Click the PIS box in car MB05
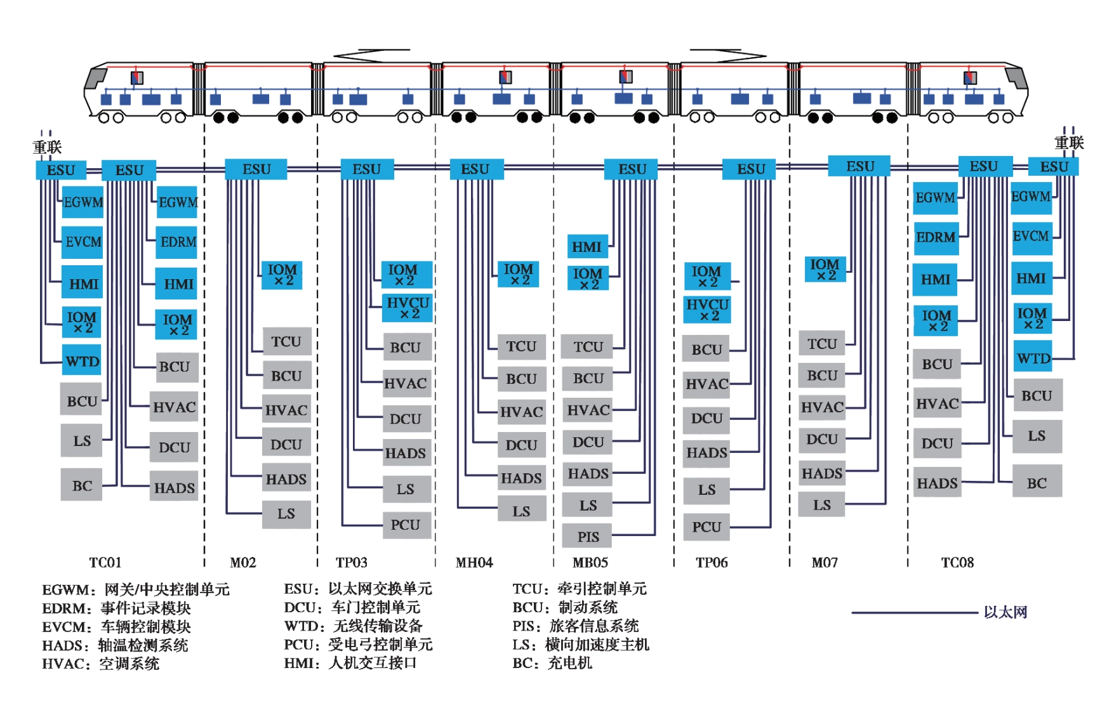(587, 537)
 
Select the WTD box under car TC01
(82, 362)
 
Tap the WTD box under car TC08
(1032, 358)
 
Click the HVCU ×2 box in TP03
(407, 308)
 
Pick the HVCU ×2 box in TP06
(706, 310)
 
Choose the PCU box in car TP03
(406, 525)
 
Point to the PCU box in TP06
(706, 527)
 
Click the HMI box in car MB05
(587, 246)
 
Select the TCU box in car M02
(286, 341)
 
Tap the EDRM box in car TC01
(177, 242)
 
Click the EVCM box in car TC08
(1031, 236)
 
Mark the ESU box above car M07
(859, 166)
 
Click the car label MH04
(474, 562)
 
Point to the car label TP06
(712, 562)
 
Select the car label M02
(242, 562)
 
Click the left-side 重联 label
(47, 147)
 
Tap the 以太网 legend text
(1005, 612)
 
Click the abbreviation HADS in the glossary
(63, 645)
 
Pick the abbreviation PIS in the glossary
(525, 626)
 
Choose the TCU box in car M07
(822, 344)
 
